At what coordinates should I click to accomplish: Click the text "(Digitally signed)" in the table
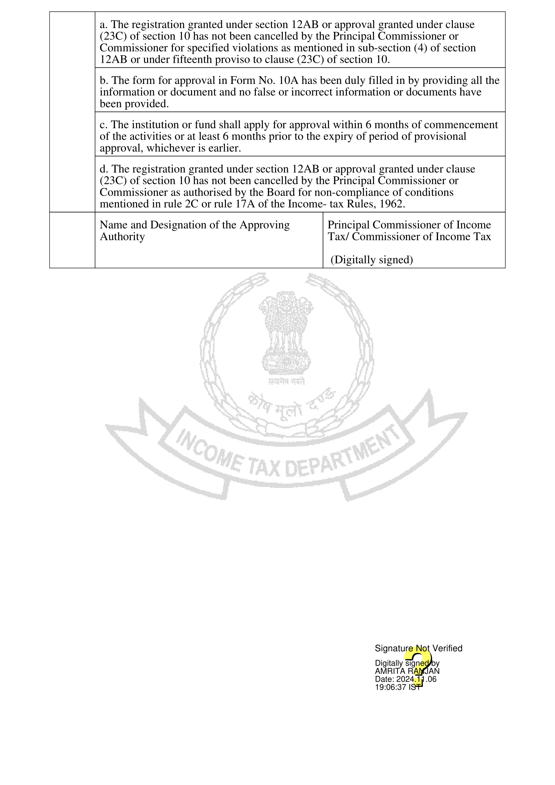(x=372, y=260)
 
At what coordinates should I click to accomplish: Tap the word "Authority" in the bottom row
(x=122, y=237)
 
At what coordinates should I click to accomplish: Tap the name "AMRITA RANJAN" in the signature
(x=407, y=671)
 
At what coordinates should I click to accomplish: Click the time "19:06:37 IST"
(x=398, y=687)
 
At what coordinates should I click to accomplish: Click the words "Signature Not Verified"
(x=418, y=648)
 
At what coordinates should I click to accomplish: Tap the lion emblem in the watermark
(x=286, y=332)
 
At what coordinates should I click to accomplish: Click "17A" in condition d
(x=245, y=204)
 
